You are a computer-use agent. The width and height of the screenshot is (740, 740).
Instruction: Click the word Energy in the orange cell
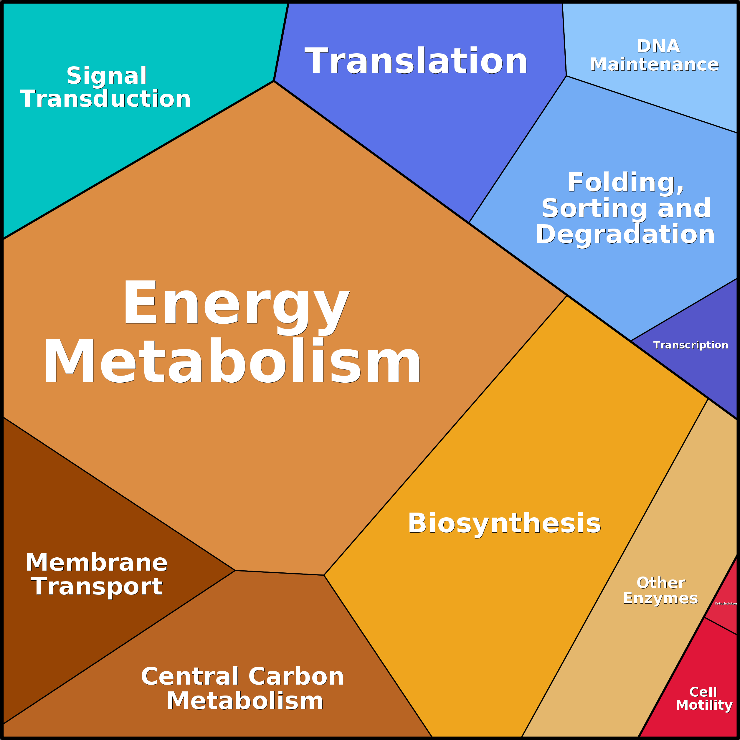[236, 307]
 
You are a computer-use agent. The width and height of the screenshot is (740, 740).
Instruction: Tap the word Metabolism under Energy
[232, 361]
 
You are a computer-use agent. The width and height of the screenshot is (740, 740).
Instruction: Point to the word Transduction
[105, 98]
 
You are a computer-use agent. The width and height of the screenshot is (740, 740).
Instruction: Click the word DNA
[658, 46]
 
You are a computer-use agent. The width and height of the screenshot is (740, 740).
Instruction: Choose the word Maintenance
[654, 64]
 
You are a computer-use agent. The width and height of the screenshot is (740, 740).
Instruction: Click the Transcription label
[691, 345]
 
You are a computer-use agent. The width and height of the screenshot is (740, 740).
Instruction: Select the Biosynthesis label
[504, 523]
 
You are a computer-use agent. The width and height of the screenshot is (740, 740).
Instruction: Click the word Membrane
[97, 563]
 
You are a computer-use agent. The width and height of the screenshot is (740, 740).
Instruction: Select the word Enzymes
[660, 599]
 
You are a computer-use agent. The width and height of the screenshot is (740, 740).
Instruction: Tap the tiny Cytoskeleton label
[726, 604]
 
